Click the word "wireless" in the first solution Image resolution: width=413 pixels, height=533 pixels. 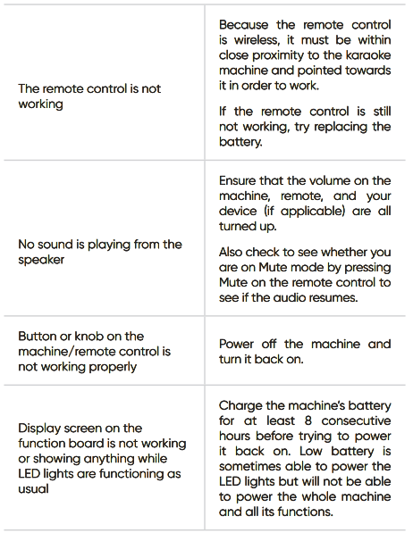(257, 40)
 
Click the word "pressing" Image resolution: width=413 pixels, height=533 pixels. (367, 268)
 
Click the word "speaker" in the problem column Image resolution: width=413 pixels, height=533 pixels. (41, 260)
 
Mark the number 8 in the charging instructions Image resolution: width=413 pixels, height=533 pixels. (308, 421)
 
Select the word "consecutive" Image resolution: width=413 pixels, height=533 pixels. (356, 421)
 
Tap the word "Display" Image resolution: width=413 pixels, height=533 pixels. (39, 429)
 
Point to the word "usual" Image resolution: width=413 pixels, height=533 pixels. (33, 489)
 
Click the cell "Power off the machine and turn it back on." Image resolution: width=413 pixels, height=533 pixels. (305, 352)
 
